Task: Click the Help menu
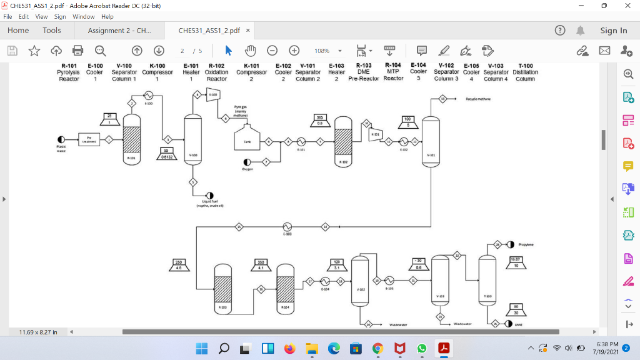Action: pos(107,16)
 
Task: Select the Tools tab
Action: pos(52,31)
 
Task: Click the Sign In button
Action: pos(613,31)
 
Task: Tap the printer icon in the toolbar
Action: pos(78,51)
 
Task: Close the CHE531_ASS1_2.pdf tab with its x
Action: pos(248,31)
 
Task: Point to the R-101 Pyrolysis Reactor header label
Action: pos(69,72)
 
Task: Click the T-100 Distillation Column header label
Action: pos(525,72)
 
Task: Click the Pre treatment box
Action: pos(89,139)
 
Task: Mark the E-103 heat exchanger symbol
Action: pos(287,226)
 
